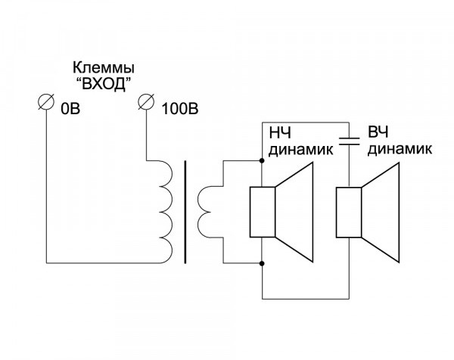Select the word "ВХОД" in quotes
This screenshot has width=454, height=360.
pyautogui.click(x=98, y=82)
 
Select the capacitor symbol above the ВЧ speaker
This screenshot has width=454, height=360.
pyautogui.click(x=348, y=141)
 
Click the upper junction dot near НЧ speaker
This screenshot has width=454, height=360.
pyautogui.click(x=261, y=160)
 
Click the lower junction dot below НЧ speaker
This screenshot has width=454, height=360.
pyautogui.click(x=261, y=264)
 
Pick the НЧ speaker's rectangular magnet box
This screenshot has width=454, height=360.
pyautogui.click(x=261, y=212)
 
